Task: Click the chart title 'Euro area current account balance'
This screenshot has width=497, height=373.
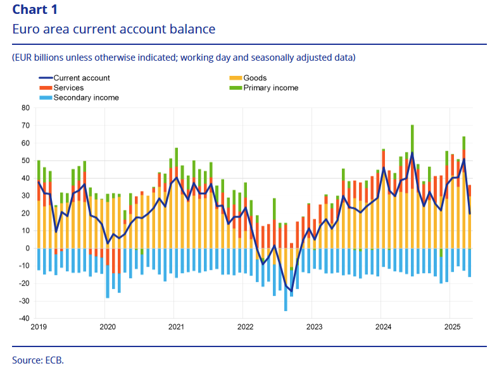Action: (x=113, y=29)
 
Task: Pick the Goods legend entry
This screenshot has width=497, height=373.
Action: (x=255, y=78)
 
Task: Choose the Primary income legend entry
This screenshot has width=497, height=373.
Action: (x=270, y=88)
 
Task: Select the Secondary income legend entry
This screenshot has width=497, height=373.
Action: (x=86, y=98)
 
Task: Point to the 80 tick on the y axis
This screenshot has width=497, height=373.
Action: (x=26, y=107)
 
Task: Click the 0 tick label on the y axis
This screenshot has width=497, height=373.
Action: (x=28, y=248)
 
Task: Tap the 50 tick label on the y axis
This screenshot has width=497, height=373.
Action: (x=26, y=161)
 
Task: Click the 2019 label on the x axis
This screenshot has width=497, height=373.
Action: (x=39, y=327)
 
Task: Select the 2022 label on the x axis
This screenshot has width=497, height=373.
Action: (x=246, y=327)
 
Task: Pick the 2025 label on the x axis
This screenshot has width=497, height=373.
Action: (x=452, y=327)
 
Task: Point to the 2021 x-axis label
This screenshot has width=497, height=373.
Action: (x=177, y=327)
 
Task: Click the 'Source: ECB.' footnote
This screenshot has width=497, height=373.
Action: (x=38, y=360)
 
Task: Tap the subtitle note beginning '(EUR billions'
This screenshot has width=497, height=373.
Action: (x=184, y=58)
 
